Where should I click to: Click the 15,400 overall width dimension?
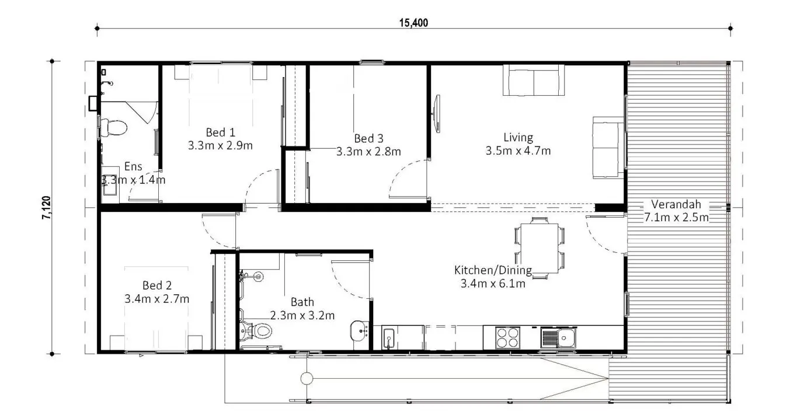pos(413,23)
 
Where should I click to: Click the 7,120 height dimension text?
pos(47,208)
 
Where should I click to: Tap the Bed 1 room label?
pos(220,132)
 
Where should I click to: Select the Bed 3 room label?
pos(368,138)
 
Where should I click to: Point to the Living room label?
pos(518,137)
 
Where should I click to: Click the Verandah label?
pos(676,204)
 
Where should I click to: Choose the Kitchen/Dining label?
pos(493,270)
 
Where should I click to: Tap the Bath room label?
pos(302,302)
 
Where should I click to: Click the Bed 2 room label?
pos(157,285)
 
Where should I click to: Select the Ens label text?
pos(133,166)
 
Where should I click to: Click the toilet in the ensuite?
pos(113,128)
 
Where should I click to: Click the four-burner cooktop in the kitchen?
pos(507,337)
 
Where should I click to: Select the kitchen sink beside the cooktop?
pos(558,337)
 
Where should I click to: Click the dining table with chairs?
pos(540,248)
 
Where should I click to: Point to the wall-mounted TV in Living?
pos(437,114)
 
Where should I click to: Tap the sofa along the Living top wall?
pos(534,81)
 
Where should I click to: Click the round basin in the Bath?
pos(359,331)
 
